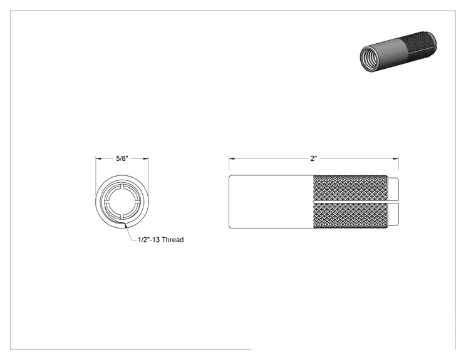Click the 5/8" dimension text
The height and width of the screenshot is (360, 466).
(x=122, y=158)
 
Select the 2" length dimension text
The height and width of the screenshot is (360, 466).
(x=314, y=158)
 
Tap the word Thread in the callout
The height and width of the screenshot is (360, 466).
(x=173, y=240)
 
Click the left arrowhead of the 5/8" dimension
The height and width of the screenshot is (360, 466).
(x=98, y=159)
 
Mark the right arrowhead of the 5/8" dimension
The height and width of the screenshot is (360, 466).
(x=146, y=159)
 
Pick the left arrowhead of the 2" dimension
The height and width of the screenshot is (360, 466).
(x=232, y=159)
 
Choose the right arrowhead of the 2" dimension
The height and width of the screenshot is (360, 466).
(x=396, y=159)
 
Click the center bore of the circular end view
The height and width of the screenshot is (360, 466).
(x=122, y=202)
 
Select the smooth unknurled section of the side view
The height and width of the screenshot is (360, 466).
(x=271, y=202)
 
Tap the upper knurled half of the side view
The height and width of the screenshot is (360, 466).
(x=351, y=188)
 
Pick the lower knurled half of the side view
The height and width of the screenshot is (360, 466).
(x=351, y=215)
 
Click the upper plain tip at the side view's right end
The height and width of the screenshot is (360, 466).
(x=393, y=189)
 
